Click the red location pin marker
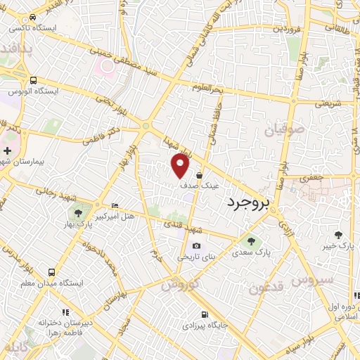pyautogui.click(x=181, y=166)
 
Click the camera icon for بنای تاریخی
pyautogui.click(x=196, y=246)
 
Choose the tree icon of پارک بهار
pyautogui.click(x=77, y=213)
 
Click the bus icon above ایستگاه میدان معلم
pyautogui.click(x=52, y=271)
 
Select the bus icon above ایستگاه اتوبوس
pyautogui.click(x=33, y=80)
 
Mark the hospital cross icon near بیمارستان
pyautogui.click(x=7, y=150)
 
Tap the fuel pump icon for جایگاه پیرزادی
pyautogui.click(x=204, y=315)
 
